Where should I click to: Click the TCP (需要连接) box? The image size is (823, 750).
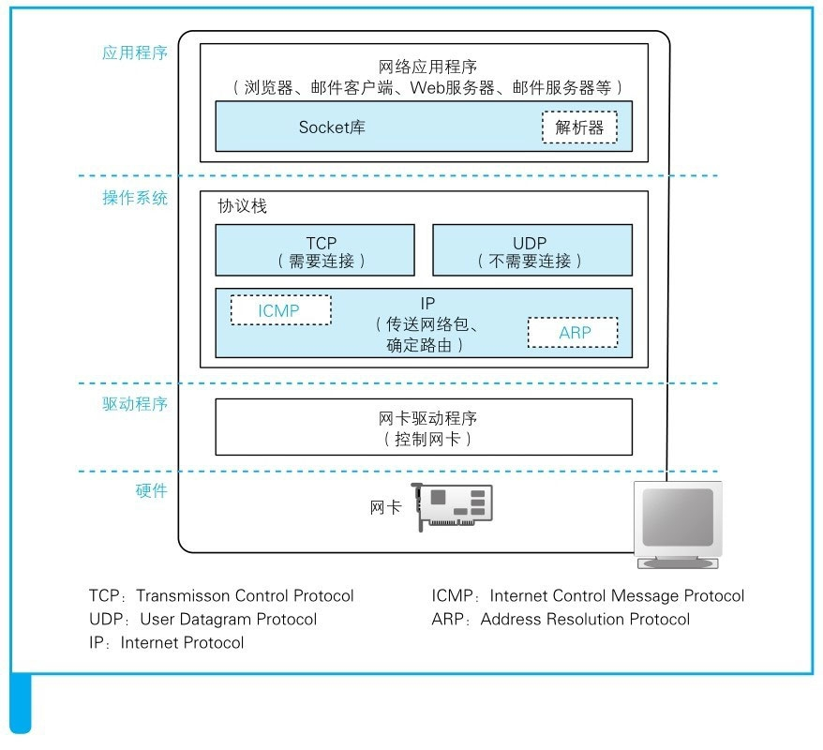(x=315, y=250)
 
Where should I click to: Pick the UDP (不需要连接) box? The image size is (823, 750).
(x=532, y=250)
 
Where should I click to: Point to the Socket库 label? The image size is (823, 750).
(x=332, y=127)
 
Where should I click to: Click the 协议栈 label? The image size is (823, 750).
(x=243, y=205)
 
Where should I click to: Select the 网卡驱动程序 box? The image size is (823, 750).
(x=424, y=427)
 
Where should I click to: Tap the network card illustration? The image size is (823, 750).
(x=452, y=506)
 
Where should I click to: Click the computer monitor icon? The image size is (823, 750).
(x=678, y=525)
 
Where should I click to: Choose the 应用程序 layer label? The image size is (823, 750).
(x=135, y=53)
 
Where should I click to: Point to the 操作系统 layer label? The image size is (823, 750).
(x=135, y=198)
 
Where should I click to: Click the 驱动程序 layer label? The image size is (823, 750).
(x=135, y=404)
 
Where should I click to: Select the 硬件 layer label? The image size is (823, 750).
(x=152, y=490)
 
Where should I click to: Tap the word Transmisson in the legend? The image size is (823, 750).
(x=183, y=595)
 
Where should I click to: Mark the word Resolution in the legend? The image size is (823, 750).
(x=585, y=620)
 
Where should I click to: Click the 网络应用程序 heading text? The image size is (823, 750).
(x=427, y=67)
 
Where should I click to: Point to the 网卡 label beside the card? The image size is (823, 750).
(x=386, y=507)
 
